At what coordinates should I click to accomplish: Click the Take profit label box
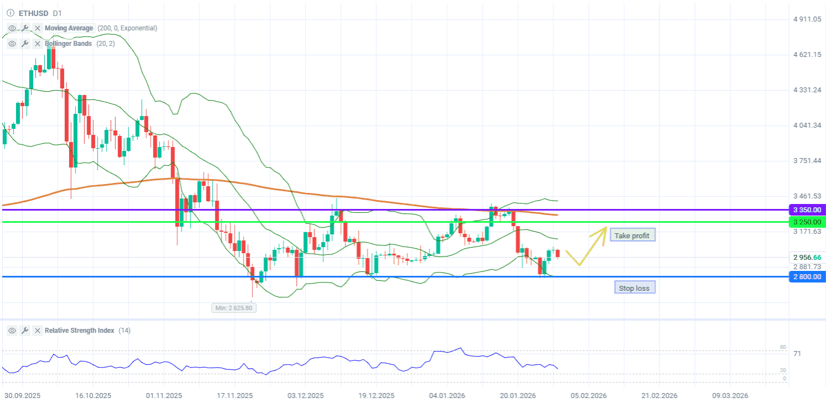click(632, 235)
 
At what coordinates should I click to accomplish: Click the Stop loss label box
click(634, 287)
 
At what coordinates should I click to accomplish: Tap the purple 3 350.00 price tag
click(807, 210)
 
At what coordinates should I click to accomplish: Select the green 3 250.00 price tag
click(807, 222)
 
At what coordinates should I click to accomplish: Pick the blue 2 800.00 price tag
click(807, 276)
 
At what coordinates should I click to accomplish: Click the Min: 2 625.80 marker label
click(234, 307)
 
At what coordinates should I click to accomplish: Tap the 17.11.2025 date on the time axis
click(236, 396)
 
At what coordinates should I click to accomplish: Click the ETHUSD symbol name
click(33, 13)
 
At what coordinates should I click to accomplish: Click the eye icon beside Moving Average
click(12, 28)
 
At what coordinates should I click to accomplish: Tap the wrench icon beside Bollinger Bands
click(25, 44)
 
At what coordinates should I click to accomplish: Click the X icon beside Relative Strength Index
click(37, 331)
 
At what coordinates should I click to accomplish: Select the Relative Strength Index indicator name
click(80, 331)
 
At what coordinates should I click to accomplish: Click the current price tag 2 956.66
click(807, 257)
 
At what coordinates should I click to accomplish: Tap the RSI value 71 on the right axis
click(797, 353)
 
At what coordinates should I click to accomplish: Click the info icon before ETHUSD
click(10, 13)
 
